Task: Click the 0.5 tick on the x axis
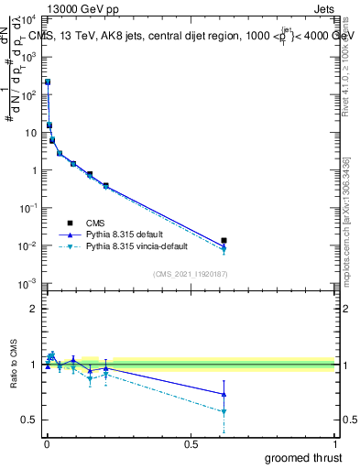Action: point(191,443)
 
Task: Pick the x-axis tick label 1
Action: point(334,443)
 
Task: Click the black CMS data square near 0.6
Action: point(224,241)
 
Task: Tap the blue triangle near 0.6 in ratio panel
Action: point(224,395)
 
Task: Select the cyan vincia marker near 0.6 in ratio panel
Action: point(224,411)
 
